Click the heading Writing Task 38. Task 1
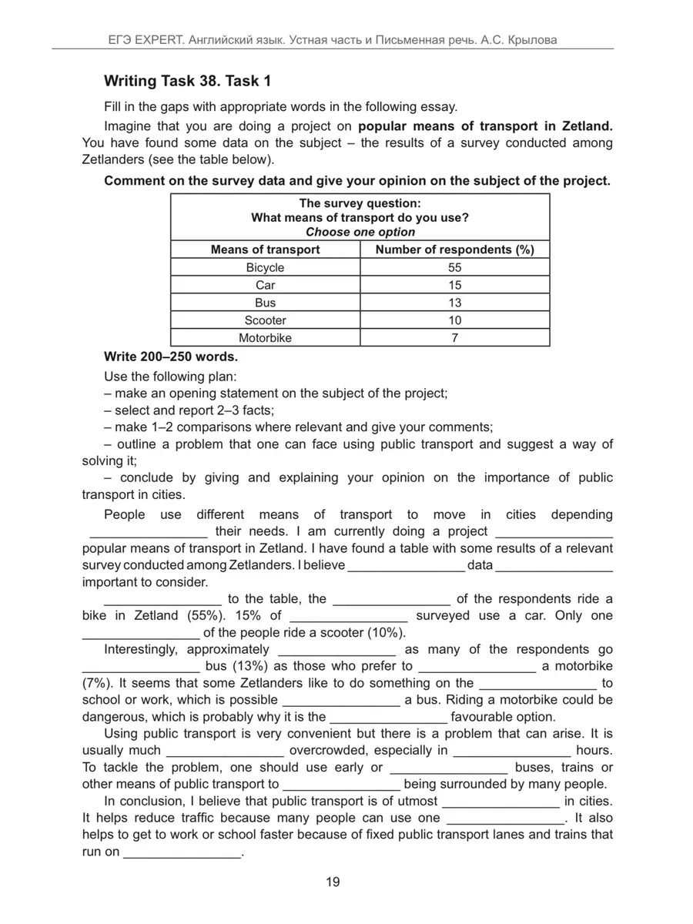pos(187,81)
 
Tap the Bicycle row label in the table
pos(265,268)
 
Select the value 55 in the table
pos(454,268)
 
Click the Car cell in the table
pos(265,286)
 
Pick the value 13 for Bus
pos(454,303)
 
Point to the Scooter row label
pos(265,320)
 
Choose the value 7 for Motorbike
pos(454,338)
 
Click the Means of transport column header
pos(265,249)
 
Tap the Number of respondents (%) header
pos(454,249)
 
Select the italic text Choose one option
pos(360,232)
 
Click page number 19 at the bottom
pos(333,882)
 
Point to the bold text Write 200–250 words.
pos(171,357)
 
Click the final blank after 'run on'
pos(182,853)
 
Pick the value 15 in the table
pos(454,286)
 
